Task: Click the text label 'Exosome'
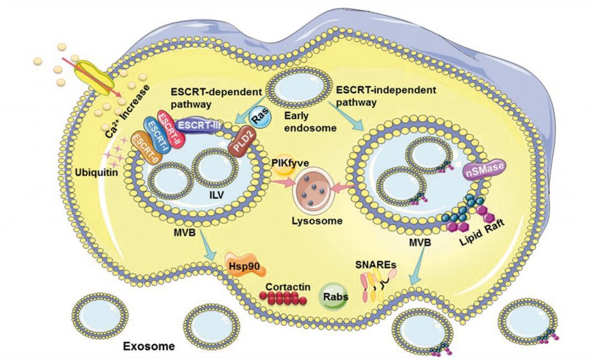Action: [149, 347]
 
